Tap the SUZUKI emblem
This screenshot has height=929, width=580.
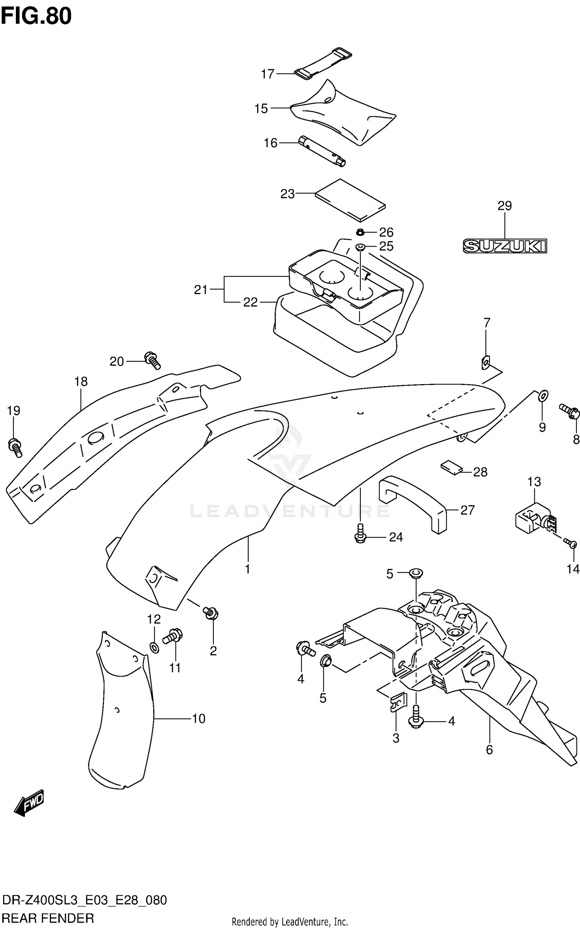click(505, 246)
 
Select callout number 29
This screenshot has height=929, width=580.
click(505, 206)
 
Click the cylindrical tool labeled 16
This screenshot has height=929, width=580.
click(322, 152)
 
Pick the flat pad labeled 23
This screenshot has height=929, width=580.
click(350, 200)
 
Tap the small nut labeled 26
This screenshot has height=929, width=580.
click(360, 232)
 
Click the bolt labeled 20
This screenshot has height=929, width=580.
click(153, 360)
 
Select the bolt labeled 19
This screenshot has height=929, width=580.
click(15, 447)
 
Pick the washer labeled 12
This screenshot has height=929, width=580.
click(154, 648)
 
